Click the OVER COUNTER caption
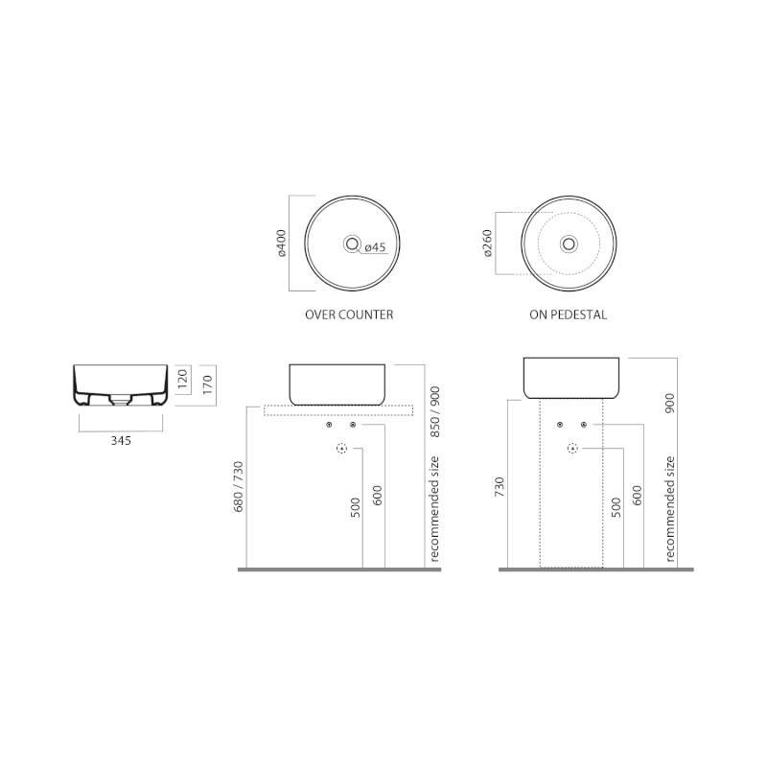pos(349,314)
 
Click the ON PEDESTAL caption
pos(568,314)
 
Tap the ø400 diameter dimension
pos(282,244)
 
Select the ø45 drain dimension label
pos(375,247)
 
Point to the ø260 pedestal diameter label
pos(488,244)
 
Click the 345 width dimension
pos(121,441)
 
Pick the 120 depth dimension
pos(182,379)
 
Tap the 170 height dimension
pos(208,385)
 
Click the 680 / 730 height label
pos(238,486)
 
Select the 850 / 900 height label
pos(435,412)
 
